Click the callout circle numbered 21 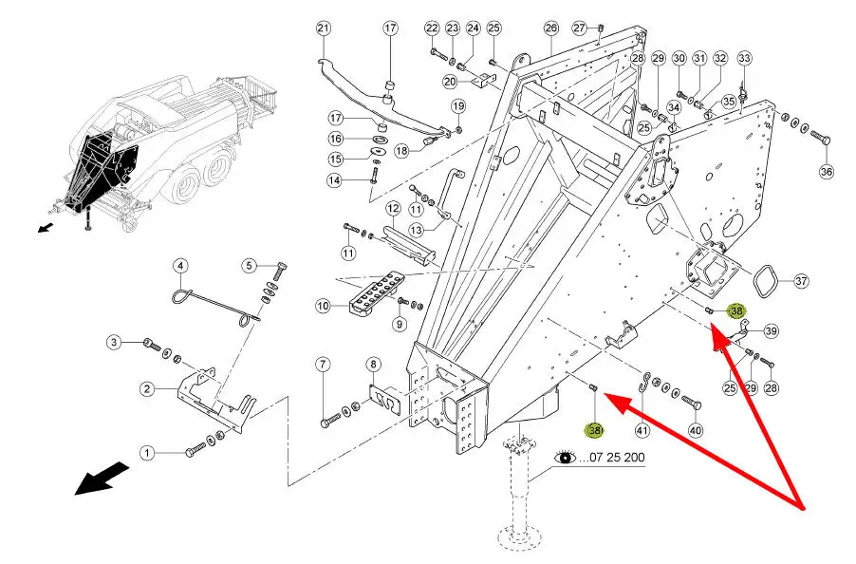point(323,28)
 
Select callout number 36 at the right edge point(826,171)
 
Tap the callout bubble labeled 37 point(801,281)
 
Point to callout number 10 point(323,306)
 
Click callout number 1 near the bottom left point(148,454)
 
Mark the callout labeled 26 point(551,28)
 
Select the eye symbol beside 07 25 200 point(566,457)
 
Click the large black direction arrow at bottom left point(102,477)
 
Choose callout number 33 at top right point(744,59)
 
